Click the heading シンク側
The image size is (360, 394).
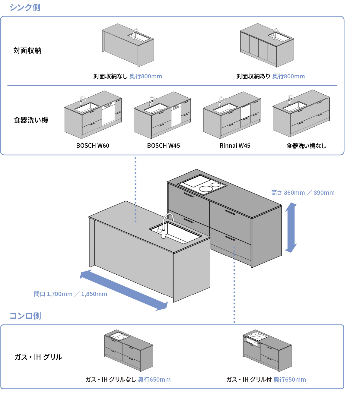pos(25,7)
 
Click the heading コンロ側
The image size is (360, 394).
pos(25,316)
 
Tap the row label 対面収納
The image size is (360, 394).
pos(27,51)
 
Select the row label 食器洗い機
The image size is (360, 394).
pos(31,120)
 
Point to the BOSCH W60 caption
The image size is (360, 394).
pos(93,146)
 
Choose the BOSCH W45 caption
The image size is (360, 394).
pos(163,146)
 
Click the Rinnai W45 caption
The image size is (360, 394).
pos(235,146)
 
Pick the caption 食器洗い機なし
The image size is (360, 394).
pos(306,146)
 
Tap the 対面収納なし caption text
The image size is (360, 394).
pos(110,76)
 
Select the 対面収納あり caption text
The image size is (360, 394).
pos(253,76)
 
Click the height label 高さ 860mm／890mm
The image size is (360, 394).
pos(303,193)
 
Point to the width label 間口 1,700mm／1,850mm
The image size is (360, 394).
pos(70,294)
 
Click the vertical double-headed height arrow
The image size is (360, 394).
pos(291,228)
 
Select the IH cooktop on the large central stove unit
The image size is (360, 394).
pos(202,184)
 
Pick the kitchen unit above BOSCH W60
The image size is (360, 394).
pos(93,115)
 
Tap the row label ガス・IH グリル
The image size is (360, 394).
pos(38,357)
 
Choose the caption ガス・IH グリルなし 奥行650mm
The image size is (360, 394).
pos(128,380)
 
